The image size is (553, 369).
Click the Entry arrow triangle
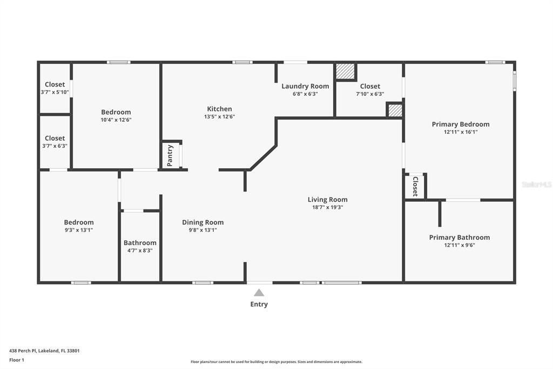259,293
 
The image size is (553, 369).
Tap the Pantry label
170,155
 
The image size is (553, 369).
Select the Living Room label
327,200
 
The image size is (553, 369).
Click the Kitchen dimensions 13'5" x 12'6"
219,116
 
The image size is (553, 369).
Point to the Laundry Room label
305,86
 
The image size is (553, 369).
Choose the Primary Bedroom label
460,124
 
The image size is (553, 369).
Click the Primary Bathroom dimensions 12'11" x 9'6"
460,245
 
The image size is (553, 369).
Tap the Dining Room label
203,222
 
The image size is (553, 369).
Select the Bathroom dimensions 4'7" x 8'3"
140,251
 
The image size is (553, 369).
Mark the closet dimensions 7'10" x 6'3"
370,94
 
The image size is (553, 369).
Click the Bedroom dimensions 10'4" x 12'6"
116,120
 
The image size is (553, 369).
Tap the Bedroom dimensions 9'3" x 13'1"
79,230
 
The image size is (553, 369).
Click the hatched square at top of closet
346,71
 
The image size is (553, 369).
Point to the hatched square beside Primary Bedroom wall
395,110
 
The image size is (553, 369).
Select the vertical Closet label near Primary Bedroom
415,186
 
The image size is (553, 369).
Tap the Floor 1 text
17,360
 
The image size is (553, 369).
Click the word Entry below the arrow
259,304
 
